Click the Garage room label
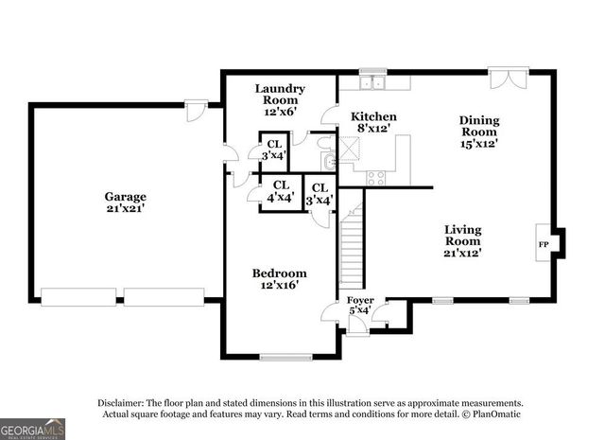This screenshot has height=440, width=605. [125, 202]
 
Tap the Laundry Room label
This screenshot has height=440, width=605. [279, 99]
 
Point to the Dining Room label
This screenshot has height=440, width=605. [479, 131]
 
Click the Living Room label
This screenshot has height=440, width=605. [463, 240]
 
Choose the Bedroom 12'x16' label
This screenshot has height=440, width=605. [279, 279]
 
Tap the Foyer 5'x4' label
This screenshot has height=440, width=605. [360, 305]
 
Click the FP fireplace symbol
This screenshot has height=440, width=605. [544, 244]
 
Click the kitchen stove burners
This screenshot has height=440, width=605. [375, 176]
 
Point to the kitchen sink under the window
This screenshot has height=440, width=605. [373, 82]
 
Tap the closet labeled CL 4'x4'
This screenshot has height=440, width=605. [281, 192]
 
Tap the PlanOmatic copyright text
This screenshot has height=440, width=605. [491, 414]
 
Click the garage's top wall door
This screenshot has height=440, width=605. [196, 112]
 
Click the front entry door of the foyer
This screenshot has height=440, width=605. [357, 326]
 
